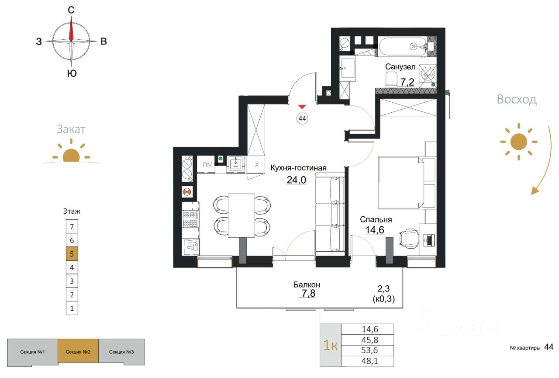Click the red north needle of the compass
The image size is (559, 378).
pos(71,29)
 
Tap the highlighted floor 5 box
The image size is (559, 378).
pos(72,253)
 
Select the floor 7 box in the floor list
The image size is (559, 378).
pos(72,226)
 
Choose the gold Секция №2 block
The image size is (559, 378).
pos(78,351)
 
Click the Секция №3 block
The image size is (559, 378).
pos(121,352)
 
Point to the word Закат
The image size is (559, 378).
pos(71,129)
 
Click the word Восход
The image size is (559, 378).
pos(517,99)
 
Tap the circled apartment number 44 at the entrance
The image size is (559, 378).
pos(302,118)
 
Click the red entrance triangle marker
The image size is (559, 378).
pos(302,107)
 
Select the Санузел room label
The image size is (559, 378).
pos(400,67)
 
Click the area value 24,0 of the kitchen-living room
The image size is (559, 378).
pos(296,180)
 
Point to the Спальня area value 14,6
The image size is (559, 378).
pos(375,230)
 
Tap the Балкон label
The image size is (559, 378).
pos(307,284)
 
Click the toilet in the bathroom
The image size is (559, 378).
pos(391,80)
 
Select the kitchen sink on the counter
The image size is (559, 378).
pos(235,164)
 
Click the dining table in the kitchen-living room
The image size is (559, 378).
pos(242,215)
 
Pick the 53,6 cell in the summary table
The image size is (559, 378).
pos(369,350)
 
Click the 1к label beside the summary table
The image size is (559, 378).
pos(331,345)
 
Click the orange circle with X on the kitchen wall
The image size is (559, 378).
pos(187,192)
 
